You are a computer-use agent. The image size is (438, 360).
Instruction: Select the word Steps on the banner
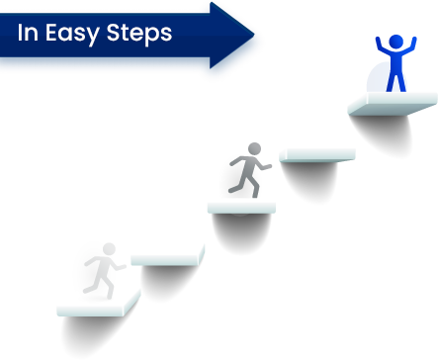(x=141, y=34)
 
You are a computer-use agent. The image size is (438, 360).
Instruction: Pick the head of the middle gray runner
(x=254, y=149)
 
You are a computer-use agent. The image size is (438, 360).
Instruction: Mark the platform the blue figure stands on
(x=394, y=103)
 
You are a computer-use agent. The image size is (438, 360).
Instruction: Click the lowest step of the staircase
(x=98, y=303)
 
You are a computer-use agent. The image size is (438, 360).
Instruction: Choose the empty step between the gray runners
(x=168, y=254)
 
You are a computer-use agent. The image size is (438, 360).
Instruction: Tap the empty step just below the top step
(x=316, y=154)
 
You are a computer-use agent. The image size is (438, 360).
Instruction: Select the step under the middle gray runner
(x=240, y=206)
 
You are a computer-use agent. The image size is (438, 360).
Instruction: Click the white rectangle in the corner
(x=349, y=325)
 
